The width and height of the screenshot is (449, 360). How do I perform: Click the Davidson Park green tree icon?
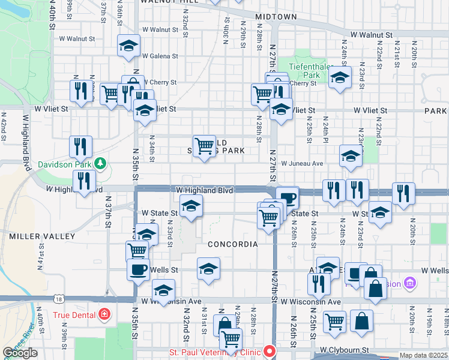coord(100,163)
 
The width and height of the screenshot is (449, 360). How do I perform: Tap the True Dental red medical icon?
coord(104,314)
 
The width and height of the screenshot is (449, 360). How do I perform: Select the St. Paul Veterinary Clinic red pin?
coord(270,350)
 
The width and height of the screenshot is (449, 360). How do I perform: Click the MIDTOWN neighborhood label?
coord(276,17)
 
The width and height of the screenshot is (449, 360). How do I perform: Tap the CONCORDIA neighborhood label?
coord(233,244)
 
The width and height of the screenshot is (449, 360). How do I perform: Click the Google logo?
coord(20,353)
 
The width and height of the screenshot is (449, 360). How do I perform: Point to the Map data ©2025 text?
coord(424,355)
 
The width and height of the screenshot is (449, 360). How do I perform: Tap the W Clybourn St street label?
coord(343,349)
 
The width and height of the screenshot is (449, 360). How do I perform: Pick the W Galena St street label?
coord(158,56)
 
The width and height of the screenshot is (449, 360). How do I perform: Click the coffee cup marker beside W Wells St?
coord(138,269)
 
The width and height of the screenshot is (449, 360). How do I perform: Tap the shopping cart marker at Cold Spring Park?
coord(205,146)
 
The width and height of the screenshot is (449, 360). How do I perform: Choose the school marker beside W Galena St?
coord(128,46)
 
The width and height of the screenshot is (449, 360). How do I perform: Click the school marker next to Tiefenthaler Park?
coord(340,77)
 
